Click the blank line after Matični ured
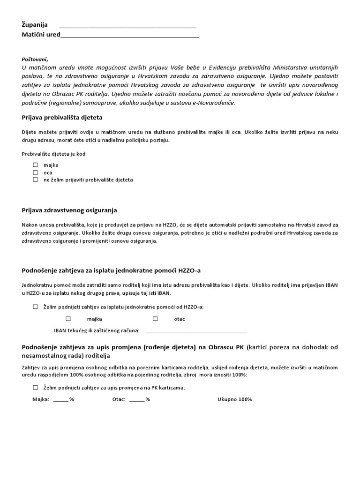130,36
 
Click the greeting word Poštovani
35,59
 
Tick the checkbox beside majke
36,165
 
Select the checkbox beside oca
36,172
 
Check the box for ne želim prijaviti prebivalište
36,180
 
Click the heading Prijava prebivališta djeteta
62,117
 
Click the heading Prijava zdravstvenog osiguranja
69,210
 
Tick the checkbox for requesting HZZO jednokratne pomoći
36,307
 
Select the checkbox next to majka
68,319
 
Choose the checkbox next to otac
155,319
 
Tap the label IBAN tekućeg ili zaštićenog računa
97,331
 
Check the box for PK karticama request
36,388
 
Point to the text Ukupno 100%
234,399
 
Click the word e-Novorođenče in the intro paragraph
216,103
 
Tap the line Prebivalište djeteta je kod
53,154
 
